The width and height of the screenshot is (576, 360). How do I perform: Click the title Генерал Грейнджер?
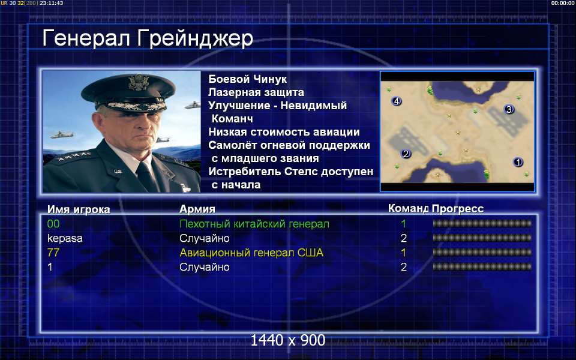(148, 38)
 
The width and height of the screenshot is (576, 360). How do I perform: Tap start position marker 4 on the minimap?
(397, 101)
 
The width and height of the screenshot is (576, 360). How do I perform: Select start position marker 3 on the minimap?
(509, 109)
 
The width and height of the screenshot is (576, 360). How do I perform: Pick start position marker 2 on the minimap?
(406, 154)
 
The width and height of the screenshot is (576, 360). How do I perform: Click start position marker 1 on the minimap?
(518, 161)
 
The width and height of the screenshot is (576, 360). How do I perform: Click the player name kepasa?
(65, 238)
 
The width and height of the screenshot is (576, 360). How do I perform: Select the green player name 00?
(53, 224)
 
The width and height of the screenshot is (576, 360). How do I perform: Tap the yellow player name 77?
(53, 253)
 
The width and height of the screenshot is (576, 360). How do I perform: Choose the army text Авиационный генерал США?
(251, 253)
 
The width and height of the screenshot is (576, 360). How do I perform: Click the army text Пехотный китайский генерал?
(254, 224)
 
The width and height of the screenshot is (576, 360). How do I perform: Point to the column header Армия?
(197, 209)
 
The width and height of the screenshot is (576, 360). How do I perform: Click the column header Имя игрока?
(79, 209)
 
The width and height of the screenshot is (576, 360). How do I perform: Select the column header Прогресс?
(458, 209)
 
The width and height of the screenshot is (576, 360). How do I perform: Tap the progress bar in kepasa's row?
(482, 238)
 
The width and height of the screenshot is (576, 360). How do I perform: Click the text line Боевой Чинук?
(248, 79)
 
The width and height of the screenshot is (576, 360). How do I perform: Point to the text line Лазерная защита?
(256, 92)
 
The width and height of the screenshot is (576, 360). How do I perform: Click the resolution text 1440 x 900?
(288, 340)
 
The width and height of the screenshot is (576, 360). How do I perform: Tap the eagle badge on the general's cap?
(138, 82)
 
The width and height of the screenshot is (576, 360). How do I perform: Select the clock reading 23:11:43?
(52, 3)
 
